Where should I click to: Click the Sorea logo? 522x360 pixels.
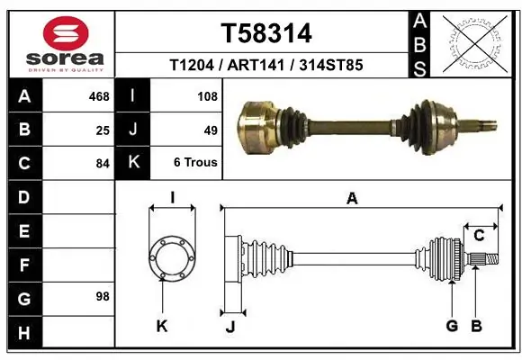[x=61, y=42]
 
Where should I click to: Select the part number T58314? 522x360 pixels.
[x=266, y=33]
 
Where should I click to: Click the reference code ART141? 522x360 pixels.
[x=266, y=66]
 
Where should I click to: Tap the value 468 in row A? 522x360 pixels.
[x=97, y=94]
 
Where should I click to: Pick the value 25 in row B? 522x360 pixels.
[x=102, y=130]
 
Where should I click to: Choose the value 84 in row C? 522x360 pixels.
[x=102, y=164]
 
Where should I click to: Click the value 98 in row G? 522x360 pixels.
[x=102, y=296]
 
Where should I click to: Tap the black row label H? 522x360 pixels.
[x=23, y=332]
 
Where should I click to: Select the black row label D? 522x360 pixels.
[x=23, y=196]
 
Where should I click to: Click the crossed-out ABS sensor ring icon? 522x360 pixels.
[x=474, y=42]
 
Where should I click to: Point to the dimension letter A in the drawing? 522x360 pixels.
[x=352, y=198]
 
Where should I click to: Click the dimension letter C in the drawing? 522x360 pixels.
[x=480, y=235]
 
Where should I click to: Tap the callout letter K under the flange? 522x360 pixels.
[x=162, y=326]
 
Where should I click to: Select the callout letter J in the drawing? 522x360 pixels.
[x=229, y=326]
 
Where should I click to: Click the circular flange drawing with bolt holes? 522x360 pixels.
[x=171, y=259]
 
